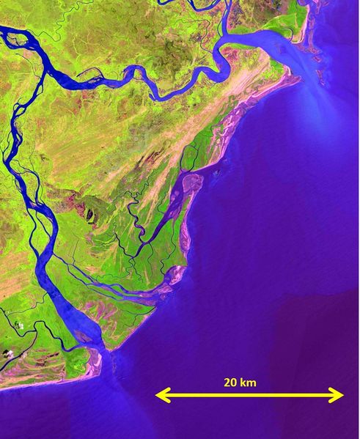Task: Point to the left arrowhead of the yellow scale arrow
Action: (x=160, y=396)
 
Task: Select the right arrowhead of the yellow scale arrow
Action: (x=339, y=396)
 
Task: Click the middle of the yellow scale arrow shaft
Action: (x=249, y=396)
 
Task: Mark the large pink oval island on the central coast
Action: (x=193, y=182)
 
